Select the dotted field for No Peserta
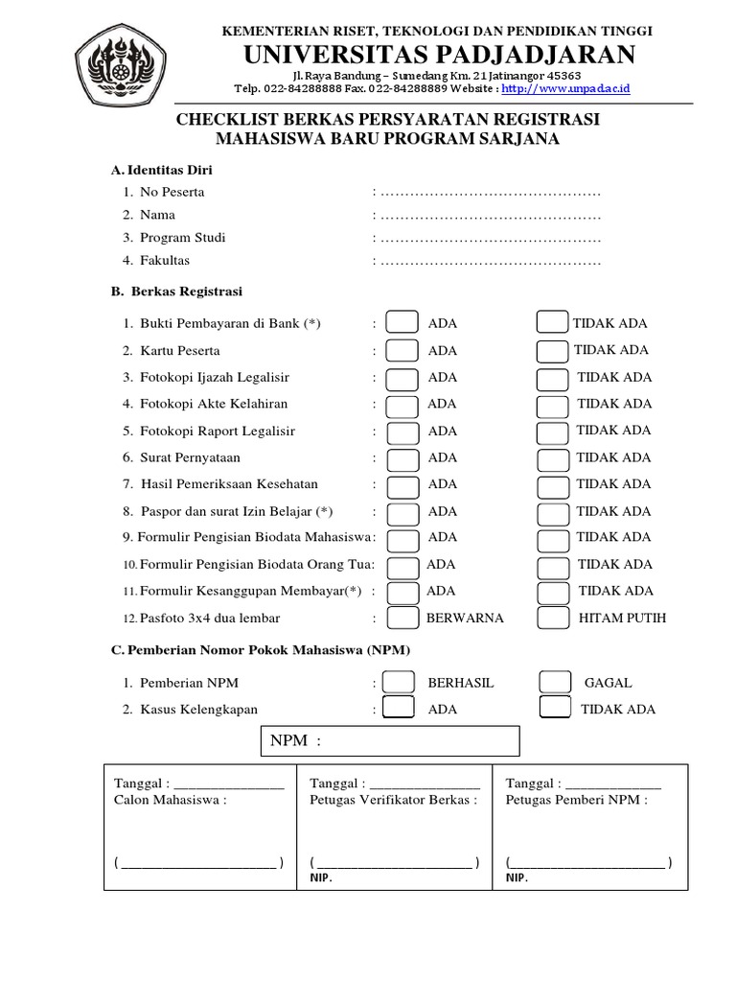(490, 192)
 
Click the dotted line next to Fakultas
(490, 261)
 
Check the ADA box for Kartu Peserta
(402, 351)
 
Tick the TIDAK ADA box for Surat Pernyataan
(552, 458)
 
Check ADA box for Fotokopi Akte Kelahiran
(402, 405)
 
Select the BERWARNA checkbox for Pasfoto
(402, 618)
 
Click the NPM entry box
(390, 741)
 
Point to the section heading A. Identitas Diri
(162, 170)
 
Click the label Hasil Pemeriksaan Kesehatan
(229, 484)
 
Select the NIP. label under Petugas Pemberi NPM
(517, 877)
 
